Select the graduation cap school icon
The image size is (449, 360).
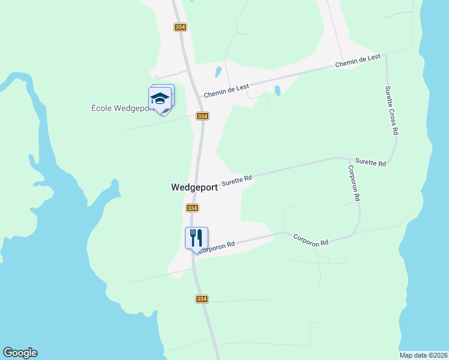pos(160,98)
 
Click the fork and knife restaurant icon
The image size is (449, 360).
pos(196,238)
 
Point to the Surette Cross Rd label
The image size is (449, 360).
pos(391,110)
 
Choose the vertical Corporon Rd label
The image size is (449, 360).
pos(354,183)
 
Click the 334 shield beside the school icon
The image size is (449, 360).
pos(202,116)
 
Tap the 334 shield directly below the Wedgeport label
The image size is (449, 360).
pos(192,208)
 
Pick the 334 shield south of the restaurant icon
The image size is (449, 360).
pos(202,299)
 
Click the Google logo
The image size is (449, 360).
pos(20,353)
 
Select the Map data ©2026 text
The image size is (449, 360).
pos(423,355)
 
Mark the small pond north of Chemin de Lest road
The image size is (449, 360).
pos(218,73)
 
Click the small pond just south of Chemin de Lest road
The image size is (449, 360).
pos(277,91)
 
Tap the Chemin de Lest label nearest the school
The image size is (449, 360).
pos(226,91)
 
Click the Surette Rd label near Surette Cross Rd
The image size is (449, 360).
pos(370,162)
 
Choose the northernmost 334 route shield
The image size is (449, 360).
pos(180,28)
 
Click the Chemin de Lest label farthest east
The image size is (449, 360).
pos(358,60)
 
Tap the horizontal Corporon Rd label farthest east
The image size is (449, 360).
pos(311,240)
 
